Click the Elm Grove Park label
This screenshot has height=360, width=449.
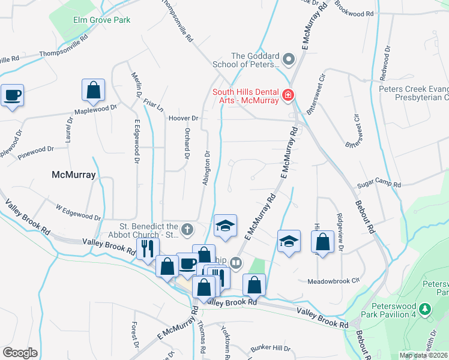coord(101,20)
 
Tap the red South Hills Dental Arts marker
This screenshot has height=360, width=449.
coord(288,95)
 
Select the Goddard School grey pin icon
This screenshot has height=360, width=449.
coord(288,59)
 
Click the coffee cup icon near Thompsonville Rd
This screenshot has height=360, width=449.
coord(13,95)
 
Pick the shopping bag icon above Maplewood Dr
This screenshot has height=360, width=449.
coord(94,90)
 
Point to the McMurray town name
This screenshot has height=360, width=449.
coord(74,175)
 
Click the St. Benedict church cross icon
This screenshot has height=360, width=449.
coord(187,229)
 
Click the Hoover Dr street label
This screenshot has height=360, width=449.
coord(183,118)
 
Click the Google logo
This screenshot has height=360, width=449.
coord(20,352)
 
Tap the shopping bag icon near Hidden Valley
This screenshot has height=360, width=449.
coord(322,242)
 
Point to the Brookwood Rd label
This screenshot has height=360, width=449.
coord(354,11)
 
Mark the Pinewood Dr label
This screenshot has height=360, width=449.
coord(35,152)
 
